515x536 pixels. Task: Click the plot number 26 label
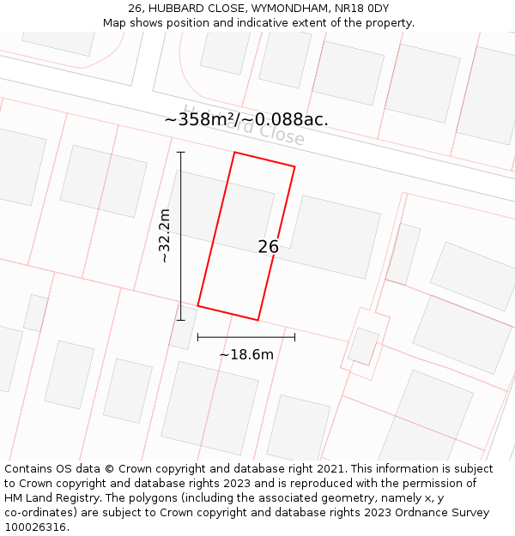click(x=268, y=247)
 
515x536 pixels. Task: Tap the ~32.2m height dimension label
click(x=165, y=236)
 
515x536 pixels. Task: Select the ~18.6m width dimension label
click(x=246, y=354)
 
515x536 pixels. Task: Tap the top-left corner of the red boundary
click(x=234, y=153)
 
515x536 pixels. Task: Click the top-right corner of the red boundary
click(x=295, y=166)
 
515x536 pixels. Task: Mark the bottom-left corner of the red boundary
click(x=198, y=305)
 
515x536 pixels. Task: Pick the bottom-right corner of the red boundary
click(x=258, y=320)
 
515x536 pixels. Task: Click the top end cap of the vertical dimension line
click(x=180, y=153)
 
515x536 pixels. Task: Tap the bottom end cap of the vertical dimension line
click(x=180, y=320)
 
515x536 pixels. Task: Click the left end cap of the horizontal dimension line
click(x=198, y=337)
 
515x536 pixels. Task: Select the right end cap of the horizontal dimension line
click(x=295, y=337)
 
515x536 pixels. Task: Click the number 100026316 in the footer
click(x=34, y=527)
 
